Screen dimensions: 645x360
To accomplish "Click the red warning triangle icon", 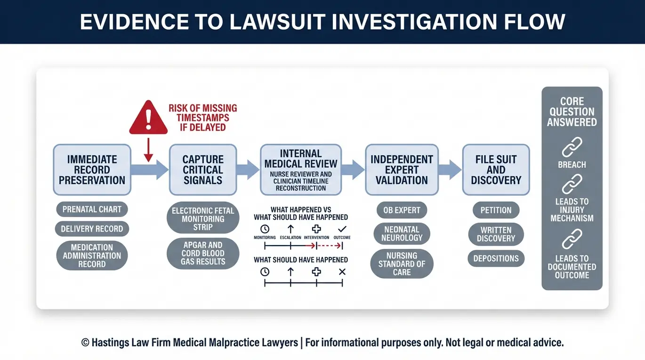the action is (148, 118).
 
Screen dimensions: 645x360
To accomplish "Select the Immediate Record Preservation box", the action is (92, 170).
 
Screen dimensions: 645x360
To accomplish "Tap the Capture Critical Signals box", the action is (203, 170).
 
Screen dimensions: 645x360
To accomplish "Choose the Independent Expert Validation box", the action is (402, 170).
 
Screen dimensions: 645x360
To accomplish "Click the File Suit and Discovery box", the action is (496, 170).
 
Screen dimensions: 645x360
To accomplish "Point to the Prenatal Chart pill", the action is (92, 209).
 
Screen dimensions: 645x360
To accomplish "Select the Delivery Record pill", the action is (92, 229).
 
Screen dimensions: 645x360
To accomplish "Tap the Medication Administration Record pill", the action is (92, 256).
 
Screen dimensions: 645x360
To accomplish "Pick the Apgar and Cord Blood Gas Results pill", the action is (203, 253).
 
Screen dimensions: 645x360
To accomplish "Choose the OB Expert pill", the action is (402, 210).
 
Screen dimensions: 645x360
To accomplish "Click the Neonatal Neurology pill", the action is (402, 233).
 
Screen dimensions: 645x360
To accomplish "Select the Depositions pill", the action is (496, 258).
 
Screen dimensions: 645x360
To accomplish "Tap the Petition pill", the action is (496, 210).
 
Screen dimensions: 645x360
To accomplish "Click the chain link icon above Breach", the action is (572, 147).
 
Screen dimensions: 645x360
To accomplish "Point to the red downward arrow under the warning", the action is (148, 150).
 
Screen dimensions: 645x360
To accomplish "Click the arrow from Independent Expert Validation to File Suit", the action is (450, 170).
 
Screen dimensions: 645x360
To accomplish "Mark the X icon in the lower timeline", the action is (342, 272).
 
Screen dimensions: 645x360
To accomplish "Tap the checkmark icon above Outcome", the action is (342, 229).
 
